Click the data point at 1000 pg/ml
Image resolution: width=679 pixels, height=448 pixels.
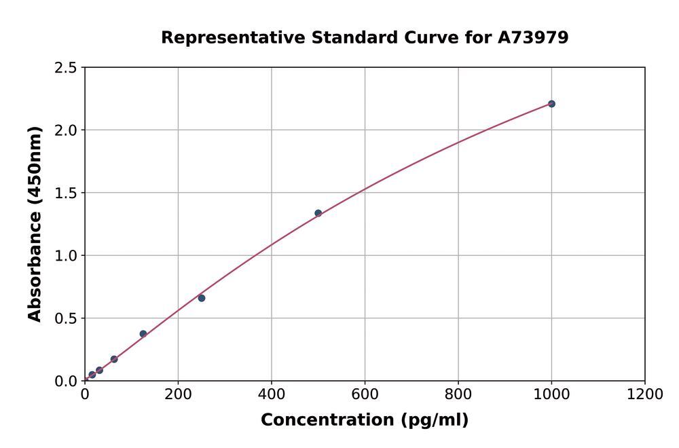click(551, 104)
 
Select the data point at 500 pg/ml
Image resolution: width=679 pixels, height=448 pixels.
click(318, 213)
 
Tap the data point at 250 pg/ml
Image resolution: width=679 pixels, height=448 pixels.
click(202, 298)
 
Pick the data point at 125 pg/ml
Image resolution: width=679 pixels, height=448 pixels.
click(143, 334)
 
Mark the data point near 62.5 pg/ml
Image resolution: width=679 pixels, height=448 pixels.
click(114, 359)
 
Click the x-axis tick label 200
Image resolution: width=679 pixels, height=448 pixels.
click(178, 394)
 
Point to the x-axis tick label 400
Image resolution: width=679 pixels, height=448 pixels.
click(272, 394)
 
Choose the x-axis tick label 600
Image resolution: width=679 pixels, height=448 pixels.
click(365, 394)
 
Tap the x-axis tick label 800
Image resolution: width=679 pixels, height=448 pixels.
click(458, 394)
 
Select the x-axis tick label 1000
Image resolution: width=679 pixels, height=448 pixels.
click(551, 394)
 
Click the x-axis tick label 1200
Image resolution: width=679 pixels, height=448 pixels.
click(644, 394)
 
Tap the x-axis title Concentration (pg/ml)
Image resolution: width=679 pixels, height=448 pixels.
click(365, 420)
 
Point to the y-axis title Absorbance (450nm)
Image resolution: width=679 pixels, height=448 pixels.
click(35, 224)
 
